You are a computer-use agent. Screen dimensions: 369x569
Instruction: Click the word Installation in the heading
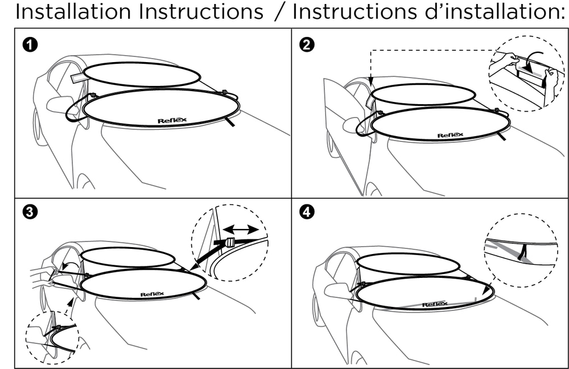72,11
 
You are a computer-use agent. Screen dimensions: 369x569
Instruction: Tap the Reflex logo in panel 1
172,120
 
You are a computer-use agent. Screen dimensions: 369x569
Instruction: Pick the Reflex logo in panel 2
450,135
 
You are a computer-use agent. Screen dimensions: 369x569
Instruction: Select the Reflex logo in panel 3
152,294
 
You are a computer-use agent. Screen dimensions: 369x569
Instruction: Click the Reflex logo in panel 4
434,305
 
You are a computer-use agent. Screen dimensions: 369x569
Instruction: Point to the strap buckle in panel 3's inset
230,243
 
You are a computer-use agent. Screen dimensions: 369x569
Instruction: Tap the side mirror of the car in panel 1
59,104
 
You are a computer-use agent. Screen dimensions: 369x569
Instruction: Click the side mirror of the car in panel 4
335,290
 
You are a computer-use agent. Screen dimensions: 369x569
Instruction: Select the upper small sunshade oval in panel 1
142,74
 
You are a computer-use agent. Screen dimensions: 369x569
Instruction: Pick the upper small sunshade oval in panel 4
408,264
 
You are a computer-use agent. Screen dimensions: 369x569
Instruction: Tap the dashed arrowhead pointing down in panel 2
370,83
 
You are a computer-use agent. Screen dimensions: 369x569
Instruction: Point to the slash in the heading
278,11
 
